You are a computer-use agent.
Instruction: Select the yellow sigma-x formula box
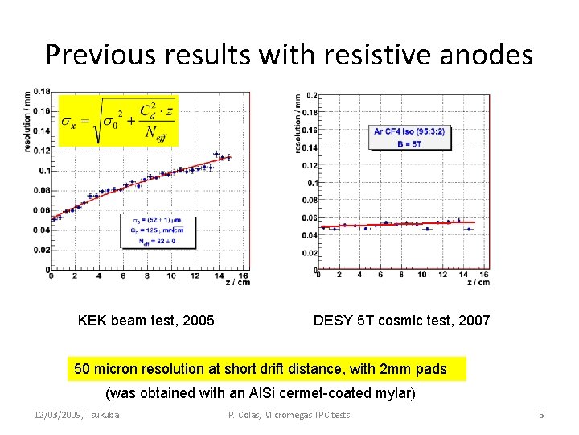pyautogui.click(x=117, y=121)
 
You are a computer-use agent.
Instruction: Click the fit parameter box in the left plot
pyautogui.click(x=158, y=230)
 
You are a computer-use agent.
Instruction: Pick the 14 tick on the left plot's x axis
pyautogui.click(x=218, y=275)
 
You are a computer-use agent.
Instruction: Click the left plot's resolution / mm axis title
pyautogui.click(x=27, y=121)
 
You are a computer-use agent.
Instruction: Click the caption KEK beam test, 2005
pyautogui.click(x=146, y=321)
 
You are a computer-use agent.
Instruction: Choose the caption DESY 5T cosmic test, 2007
pyautogui.click(x=401, y=321)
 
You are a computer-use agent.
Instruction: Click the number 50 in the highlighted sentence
pyautogui.click(x=82, y=369)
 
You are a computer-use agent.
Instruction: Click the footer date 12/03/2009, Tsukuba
pyautogui.click(x=76, y=415)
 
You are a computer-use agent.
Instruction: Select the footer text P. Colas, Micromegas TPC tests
pyautogui.click(x=289, y=415)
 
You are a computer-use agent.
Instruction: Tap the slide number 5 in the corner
pyautogui.click(x=541, y=415)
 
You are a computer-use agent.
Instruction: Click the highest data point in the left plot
pyautogui.click(x=216, y=154)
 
